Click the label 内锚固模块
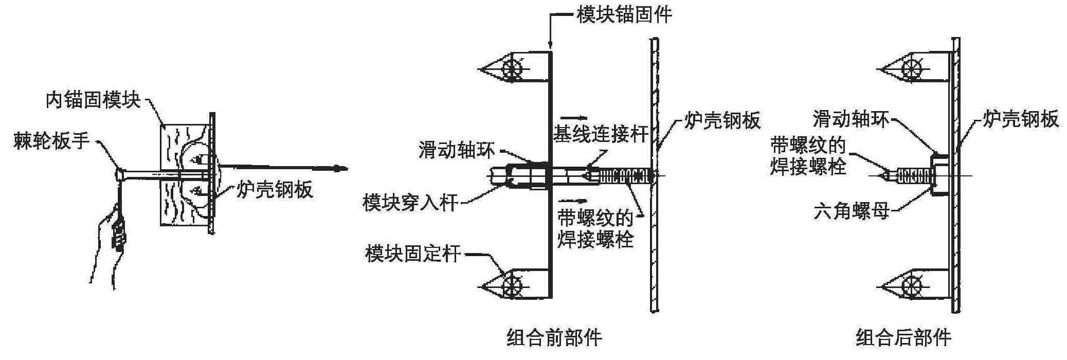[x=93, y=100]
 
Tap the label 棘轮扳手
[x=51, y=141]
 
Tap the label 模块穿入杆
[x=410, y=202]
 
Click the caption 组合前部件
[x=554, y=338]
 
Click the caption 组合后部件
[x=903, y=338]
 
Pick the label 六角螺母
[x=852, y=210]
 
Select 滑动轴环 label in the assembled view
[x=851, y=119]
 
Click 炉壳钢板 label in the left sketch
[x=275, y=190]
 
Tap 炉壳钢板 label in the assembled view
[x=1021, y=119]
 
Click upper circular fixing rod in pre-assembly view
[x=512, y=68]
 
